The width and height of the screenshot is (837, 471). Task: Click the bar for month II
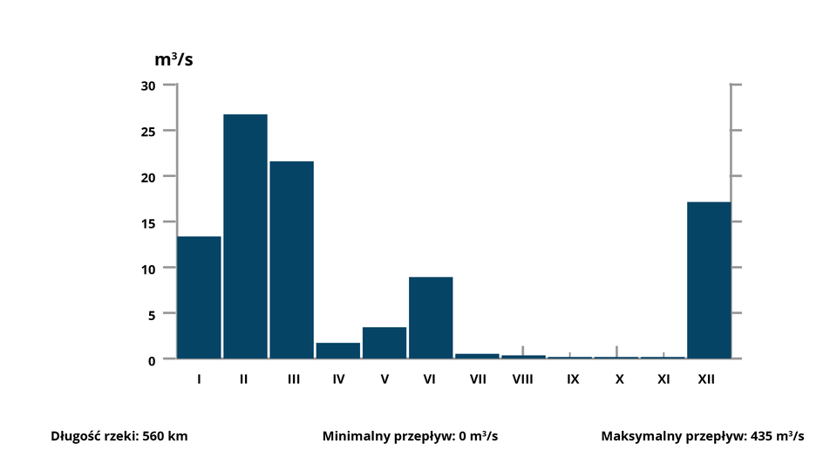click(245, 235)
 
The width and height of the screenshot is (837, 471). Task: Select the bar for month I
click(199, 297)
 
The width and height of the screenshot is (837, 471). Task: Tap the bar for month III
click(291, 259)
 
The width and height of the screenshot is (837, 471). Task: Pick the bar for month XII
click(709, 279)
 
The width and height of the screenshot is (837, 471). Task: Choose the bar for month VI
click(431, 317)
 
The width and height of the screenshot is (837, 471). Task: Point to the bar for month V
click(384, 342)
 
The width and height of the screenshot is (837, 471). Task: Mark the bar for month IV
click(337, 350)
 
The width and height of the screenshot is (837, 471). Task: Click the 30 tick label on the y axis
click(147, 85)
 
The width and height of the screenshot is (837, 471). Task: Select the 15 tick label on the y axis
click(147, 222)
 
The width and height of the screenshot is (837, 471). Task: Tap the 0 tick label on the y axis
click(151, 359)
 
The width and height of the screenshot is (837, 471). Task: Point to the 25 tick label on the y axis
click(147, 131)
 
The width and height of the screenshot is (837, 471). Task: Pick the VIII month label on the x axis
click(523, 379)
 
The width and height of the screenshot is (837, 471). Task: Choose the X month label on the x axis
click(619, 379)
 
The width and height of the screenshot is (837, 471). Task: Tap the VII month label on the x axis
click(477, 379)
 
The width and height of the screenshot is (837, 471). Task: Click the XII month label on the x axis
click(706, 379)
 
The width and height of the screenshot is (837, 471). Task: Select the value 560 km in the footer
click(165, 436)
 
